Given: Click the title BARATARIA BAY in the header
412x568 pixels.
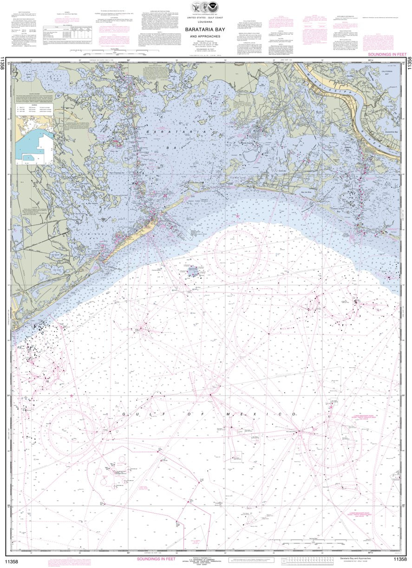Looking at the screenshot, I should coord(206,28).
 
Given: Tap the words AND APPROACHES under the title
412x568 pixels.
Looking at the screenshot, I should coord(206,36).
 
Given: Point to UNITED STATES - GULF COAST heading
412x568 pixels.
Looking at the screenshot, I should coord(206,17).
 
